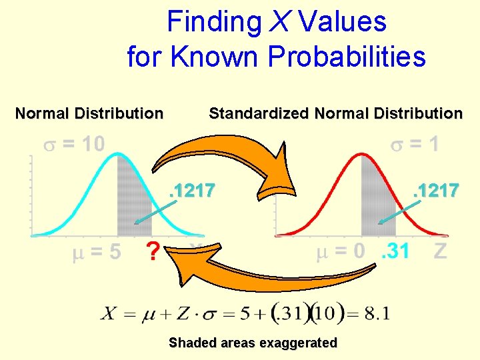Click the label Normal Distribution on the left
click(x=89, y=113)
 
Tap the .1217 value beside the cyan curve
click(x=192, y=191)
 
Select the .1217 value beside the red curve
click(x=436, y=191)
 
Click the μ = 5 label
click(x=97, y=253)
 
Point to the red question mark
click(x=154, y=253)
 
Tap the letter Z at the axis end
click(x=440, y=252)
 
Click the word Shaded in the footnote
click(x=191, y=343)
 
